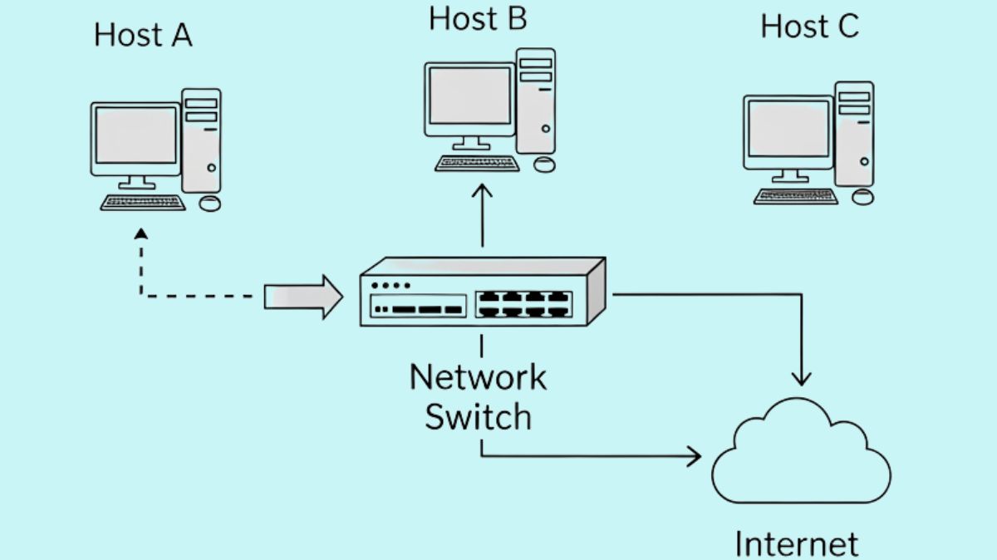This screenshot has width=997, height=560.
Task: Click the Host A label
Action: click(143, 35)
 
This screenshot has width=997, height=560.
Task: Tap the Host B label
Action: click(477, 18)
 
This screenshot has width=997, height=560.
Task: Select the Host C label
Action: click(809, 27)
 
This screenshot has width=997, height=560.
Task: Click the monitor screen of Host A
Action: click(135, 135)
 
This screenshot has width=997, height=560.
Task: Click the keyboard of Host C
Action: click(796, 196)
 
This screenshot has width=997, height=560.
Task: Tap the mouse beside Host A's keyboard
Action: click(210, 203)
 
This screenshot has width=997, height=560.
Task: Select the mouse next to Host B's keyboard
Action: click(544, 164)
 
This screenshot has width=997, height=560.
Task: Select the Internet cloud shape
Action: click(800, 454)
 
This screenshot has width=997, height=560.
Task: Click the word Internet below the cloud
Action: click(796, 543)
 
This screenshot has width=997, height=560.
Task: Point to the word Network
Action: click(478, 376)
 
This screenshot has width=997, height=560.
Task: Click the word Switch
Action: click(478, 416)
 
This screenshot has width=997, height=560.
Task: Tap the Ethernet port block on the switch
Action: click(524, 303)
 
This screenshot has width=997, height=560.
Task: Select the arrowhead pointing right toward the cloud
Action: click(693, 456)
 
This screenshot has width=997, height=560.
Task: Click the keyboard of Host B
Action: click(477, 163)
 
